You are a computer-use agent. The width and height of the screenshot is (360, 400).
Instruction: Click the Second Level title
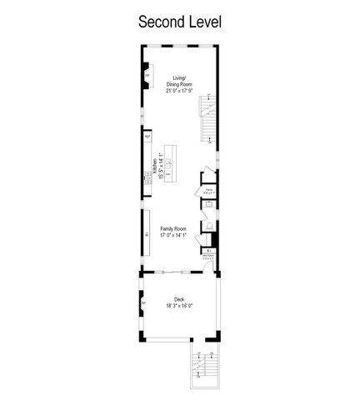pyautogui.click(x=179, y=21)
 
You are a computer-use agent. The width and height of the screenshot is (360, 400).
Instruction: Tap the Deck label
pyautogui.click(x=179, y=300)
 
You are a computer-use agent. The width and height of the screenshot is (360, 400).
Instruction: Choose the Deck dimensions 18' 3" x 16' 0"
pyautogui.click(x=179, y=306)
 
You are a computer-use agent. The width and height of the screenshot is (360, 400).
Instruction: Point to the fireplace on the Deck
pyautogui.click(x=143, y=302)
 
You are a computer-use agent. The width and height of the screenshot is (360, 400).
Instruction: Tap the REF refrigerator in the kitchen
pyautogui.click(x=147, y=136)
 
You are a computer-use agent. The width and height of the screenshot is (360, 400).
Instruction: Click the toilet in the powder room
pyautogui.click(x=208, y=227)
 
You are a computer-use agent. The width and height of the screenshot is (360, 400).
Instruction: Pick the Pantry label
pyautogui.click(x=207, y=192)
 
